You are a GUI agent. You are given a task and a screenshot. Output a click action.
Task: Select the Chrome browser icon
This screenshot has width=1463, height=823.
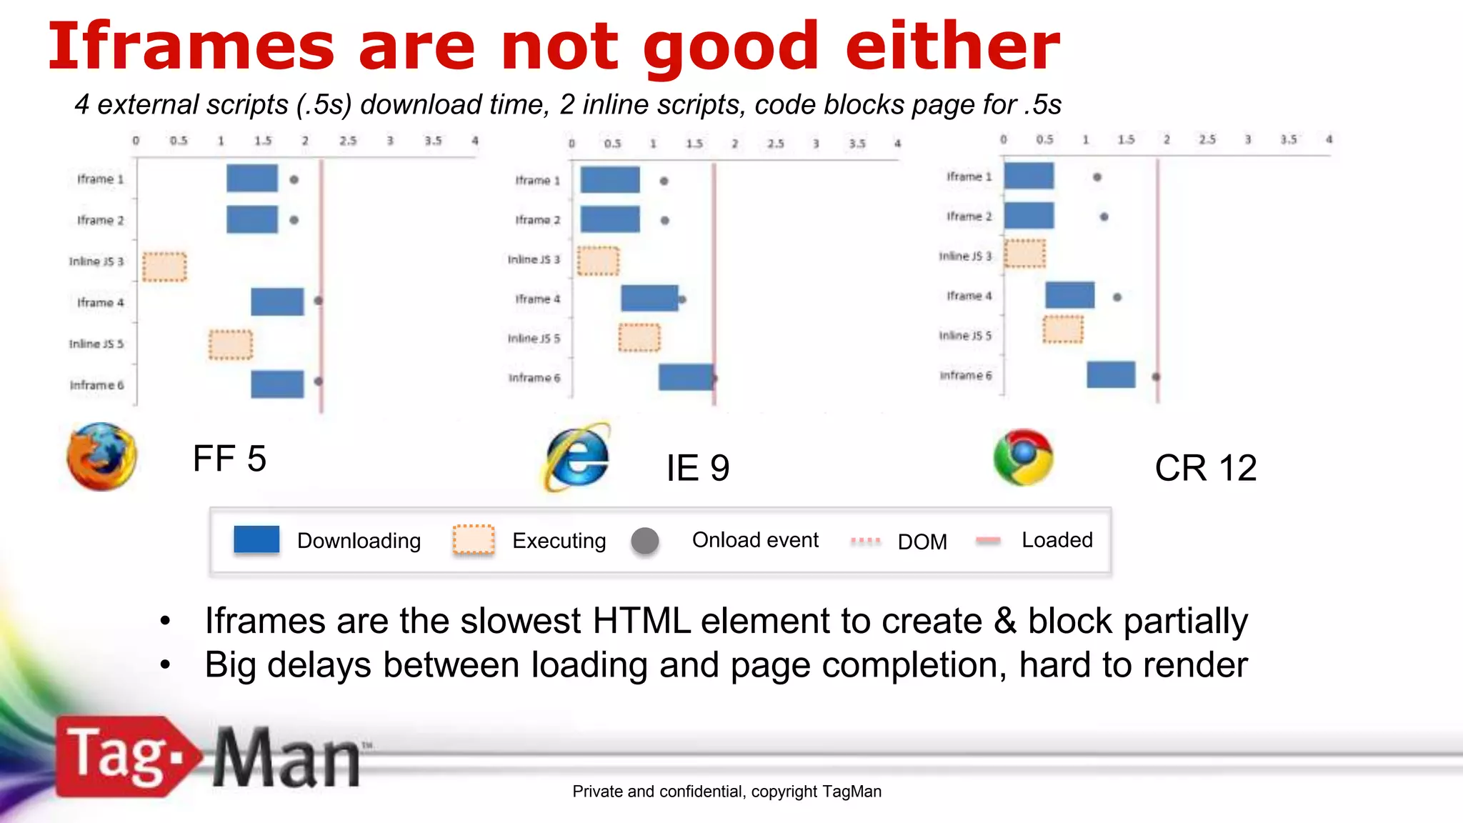pos(1023,457)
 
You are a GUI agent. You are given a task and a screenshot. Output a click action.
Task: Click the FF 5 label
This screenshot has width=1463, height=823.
pos(229,459)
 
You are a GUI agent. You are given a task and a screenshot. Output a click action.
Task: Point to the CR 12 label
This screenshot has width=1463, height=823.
pos(1205,469)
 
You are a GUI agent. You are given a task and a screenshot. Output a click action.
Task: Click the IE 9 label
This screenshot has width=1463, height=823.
pos(697,469)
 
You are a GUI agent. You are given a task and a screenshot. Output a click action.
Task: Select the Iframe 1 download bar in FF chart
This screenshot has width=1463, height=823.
pos(252,179)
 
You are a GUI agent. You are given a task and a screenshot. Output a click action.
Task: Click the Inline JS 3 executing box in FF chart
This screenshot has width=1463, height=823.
pos(164,266)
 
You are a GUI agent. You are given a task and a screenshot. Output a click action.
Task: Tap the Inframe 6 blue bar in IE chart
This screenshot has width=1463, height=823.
pos(685,377)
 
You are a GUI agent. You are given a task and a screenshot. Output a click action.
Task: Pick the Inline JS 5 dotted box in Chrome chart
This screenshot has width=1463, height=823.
pos(1063,329)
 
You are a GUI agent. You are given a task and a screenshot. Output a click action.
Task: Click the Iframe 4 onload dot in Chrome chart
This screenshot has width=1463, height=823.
pos(1117,297)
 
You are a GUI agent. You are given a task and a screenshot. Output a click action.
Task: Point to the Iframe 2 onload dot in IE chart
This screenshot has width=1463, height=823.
pos(665,221)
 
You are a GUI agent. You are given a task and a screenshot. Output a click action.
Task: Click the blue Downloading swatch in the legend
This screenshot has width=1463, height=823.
pos(256,539)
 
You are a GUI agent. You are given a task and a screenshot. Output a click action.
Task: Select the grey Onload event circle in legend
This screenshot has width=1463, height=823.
pos(645,541)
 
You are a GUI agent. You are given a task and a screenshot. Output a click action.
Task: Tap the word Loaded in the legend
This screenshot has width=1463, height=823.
pos(1057,540)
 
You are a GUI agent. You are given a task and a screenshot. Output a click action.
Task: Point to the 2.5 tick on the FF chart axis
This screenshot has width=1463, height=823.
pos(348,141)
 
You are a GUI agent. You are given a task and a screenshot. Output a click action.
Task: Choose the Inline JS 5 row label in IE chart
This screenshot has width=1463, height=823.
pos(534,338)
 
